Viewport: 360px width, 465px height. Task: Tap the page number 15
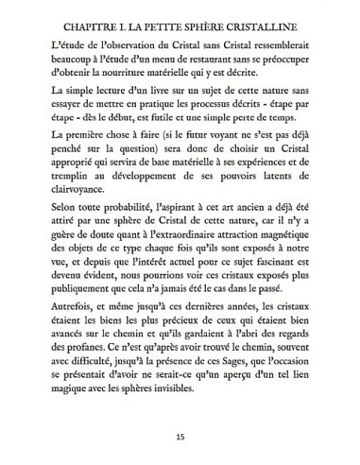(x=180, y=438)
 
